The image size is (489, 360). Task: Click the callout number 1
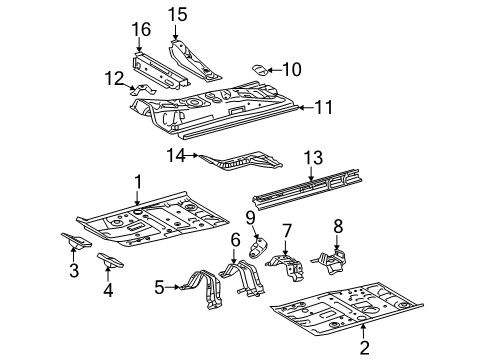coord(138,180)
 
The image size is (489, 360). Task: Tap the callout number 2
coord(363,347)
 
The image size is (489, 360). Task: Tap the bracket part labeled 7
coord(289,266)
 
